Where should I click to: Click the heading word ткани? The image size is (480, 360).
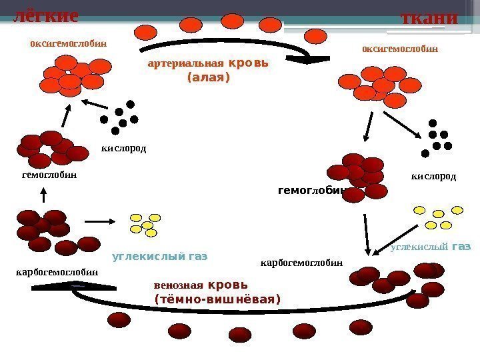[x=428, y=17]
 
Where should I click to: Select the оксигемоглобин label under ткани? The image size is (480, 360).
[x=399, y=48]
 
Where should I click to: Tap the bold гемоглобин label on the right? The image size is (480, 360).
[x=311, y=191]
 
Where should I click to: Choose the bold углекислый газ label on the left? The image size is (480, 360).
[x=160, y=255]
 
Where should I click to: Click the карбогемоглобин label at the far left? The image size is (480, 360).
[x=57, y=272]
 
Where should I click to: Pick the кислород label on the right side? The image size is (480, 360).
[x=433, y=177]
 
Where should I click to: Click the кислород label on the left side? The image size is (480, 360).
[x=123, y=148]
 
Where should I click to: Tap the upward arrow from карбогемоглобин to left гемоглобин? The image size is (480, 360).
[x=44, y=195]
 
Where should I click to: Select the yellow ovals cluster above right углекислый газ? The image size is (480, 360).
[x=437, y=217]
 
